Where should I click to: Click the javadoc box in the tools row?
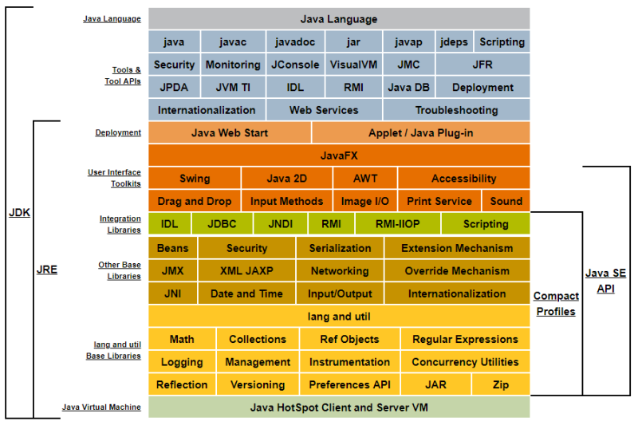pos(295,41)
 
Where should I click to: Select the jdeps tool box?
pos(454,41)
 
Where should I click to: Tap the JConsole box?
pos(295,65)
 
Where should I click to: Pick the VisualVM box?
pos(353,65)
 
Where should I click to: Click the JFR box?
pos(482,65)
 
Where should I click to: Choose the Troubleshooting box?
pos(456,110)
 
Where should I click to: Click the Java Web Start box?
pos(230,132)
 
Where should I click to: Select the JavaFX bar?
pos(339,155)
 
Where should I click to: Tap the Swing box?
pos(195,179)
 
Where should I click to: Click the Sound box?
pos(506,201)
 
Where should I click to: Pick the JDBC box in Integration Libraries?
pos(222,224)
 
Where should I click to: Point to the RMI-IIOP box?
pos(397,224)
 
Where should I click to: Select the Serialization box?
pos(340,248)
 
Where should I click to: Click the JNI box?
pos(172,293)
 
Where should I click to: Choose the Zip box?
pos(500,384)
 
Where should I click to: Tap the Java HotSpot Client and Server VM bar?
pos(339,407)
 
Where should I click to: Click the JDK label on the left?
pos(19,213)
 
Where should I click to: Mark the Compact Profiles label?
pos(556,304)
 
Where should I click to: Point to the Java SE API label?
pos(606,281)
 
